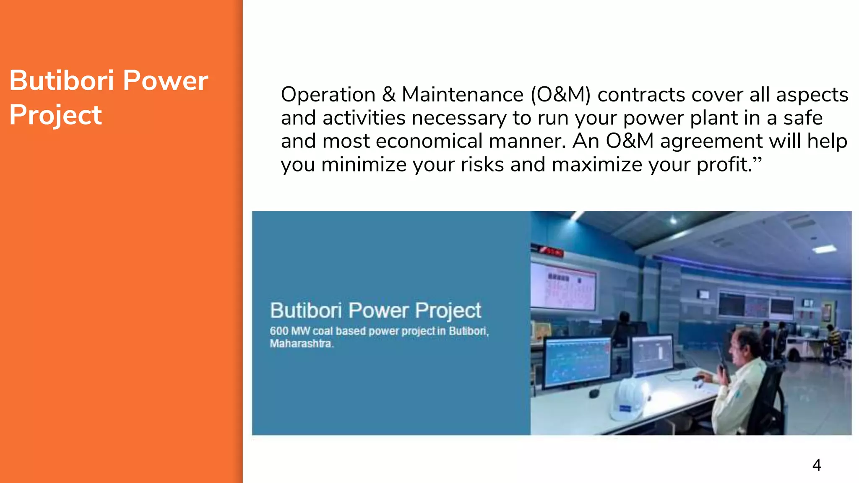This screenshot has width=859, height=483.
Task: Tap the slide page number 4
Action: [x=816, y=465]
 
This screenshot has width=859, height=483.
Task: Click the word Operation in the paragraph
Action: [x=328, y=94]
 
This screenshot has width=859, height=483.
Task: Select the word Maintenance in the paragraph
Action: [x=462, y=94]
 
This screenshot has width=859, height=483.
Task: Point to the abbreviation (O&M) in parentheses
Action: [x=560, y=94]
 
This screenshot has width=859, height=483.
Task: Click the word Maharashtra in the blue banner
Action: [x=301, y=344]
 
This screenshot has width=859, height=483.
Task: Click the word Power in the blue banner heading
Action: [x=378, y=311]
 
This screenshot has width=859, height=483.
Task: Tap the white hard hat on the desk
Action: [x=629, y=398]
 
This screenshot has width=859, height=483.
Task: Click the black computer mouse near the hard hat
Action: [x=593, y=393]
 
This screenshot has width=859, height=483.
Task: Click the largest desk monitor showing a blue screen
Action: [x=578, y=361]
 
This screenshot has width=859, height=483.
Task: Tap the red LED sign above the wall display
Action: [x=550, y=251]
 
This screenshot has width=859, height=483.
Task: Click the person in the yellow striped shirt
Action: [x=832, y=338]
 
